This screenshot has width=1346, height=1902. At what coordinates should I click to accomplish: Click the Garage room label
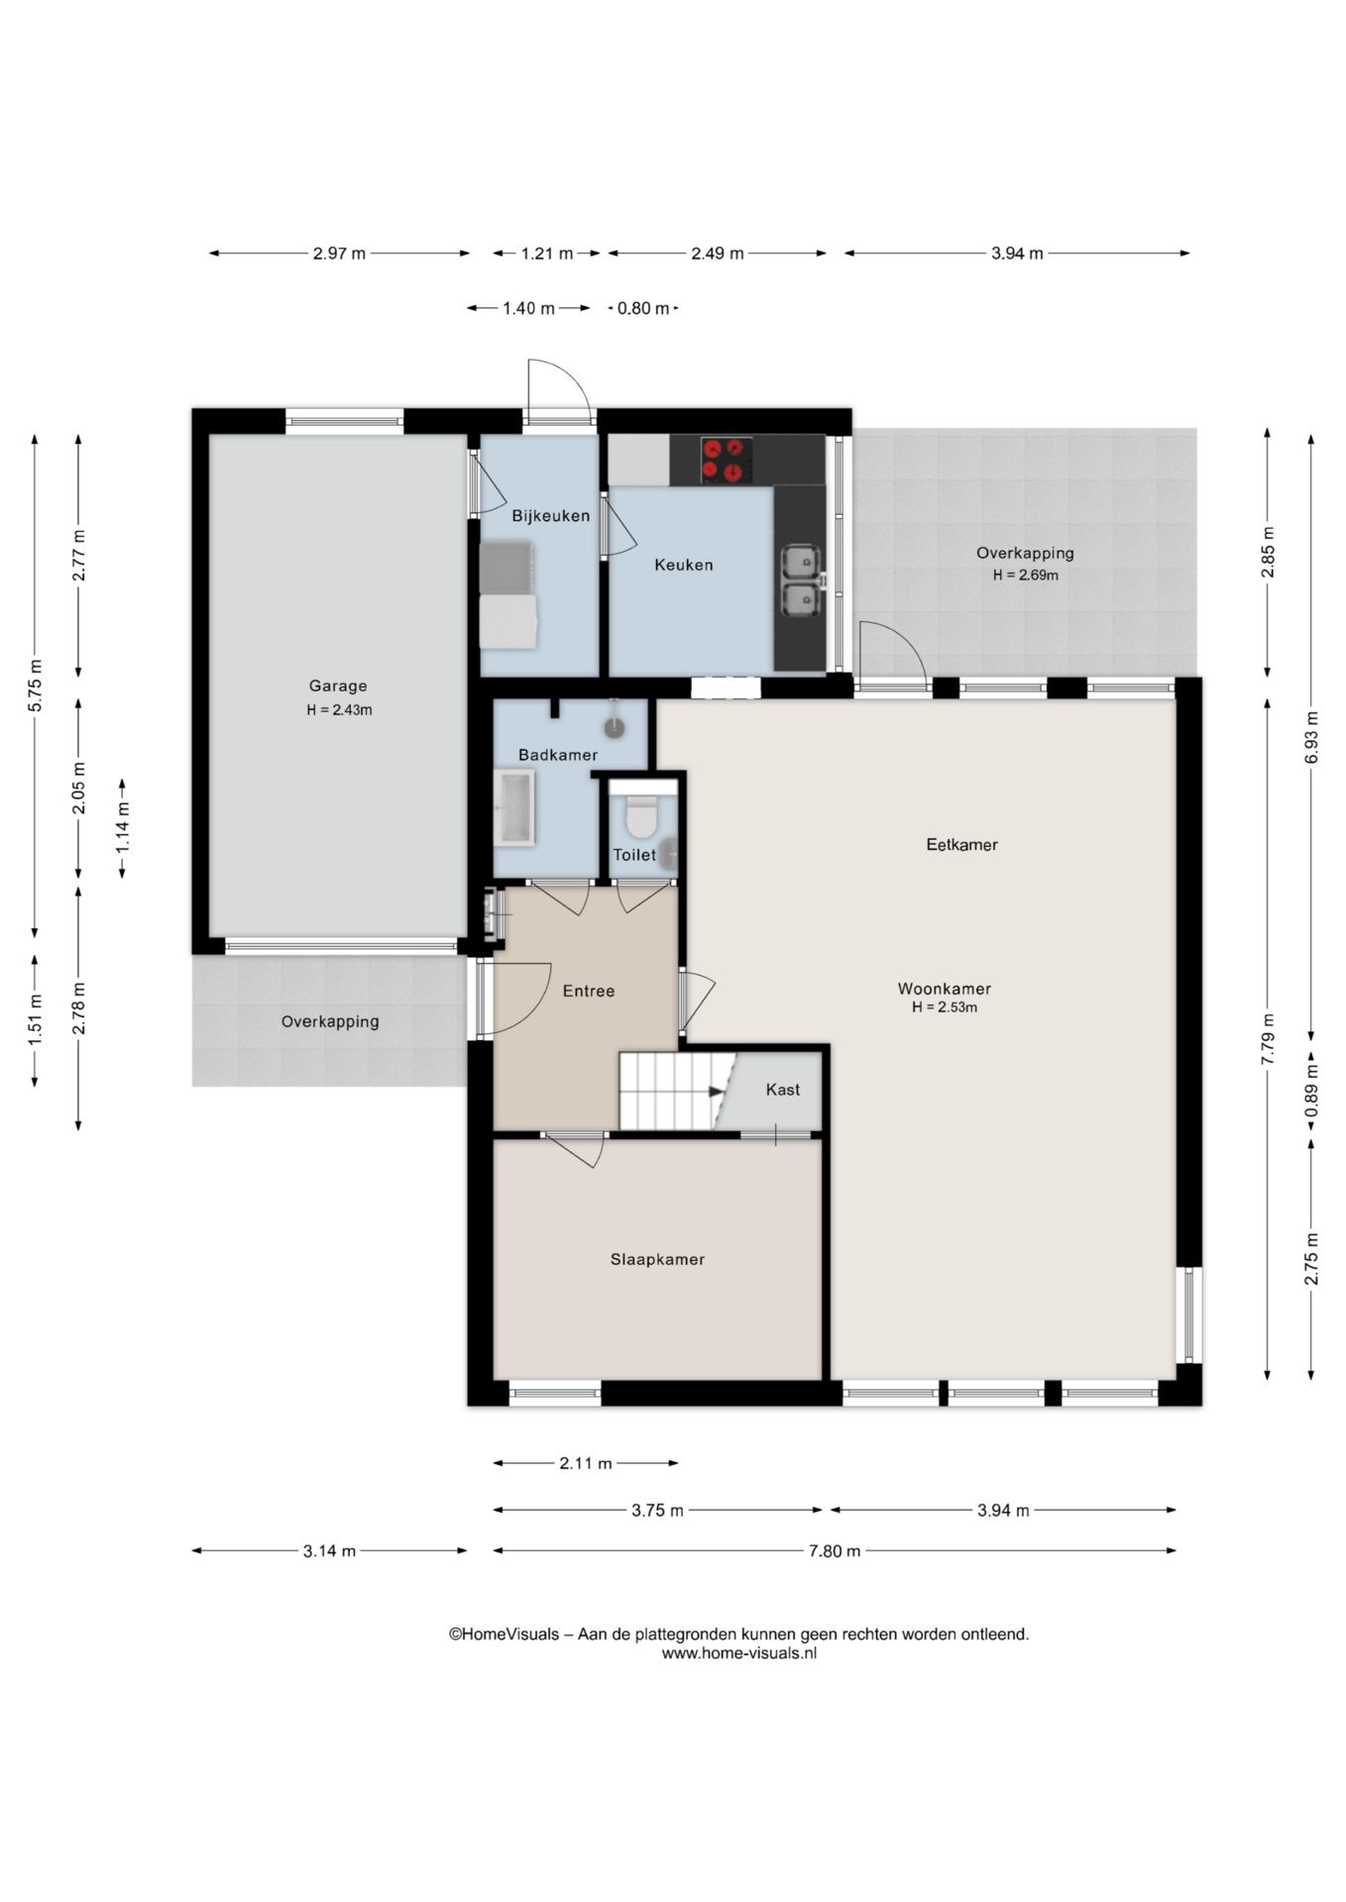[338, 686]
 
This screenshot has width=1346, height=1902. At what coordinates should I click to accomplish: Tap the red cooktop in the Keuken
[726, 460]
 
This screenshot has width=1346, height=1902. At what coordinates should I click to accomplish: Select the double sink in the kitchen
[800, 581]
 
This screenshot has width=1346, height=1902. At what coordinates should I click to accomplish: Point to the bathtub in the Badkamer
[514, 808]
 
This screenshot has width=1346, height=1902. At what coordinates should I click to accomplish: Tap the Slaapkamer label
[657, 1260]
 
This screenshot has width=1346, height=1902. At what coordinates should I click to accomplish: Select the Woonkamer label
[945, 989]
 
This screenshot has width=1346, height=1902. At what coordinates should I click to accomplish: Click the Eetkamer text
[961, 845]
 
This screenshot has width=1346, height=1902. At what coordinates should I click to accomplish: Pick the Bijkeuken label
[550, 516]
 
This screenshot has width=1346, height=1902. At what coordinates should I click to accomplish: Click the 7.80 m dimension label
[835, 1551]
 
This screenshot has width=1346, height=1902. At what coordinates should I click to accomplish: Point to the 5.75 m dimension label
[35, 686]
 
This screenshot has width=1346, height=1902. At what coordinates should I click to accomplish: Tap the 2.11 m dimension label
[586, 1463]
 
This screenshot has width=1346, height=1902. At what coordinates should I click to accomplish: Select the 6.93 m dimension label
[1311, 737]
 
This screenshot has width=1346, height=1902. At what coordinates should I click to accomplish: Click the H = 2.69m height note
[1026, 576]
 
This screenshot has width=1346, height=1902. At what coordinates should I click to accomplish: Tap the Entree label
[589, 991]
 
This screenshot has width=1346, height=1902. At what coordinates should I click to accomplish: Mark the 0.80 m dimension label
[643, 308]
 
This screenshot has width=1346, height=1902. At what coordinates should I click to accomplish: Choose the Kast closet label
[783, 1090]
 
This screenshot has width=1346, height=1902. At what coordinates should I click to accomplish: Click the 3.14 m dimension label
[329, 1551]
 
